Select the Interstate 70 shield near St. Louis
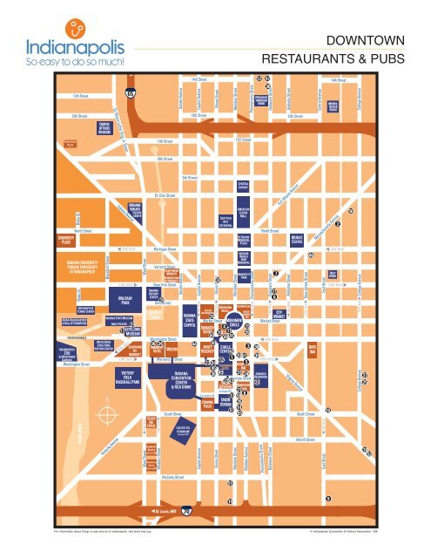pyautogui.click(x=187, y=512)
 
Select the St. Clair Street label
pyautogui.click(x=166, y=196)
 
